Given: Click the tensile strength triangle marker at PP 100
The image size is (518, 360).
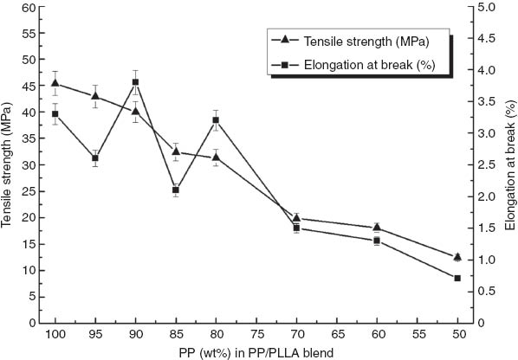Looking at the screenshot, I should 55,83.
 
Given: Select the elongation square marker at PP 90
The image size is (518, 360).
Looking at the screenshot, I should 136,82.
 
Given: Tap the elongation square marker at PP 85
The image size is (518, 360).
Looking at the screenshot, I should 176,190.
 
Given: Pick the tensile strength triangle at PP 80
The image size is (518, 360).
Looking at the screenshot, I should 216,157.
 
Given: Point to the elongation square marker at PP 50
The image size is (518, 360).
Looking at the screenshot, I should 456,278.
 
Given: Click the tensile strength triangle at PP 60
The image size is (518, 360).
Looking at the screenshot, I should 377,227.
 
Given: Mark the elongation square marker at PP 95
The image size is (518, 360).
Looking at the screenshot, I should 95,158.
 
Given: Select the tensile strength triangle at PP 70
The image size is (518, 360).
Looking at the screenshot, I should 296,218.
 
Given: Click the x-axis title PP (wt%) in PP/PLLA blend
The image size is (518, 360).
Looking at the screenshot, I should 256,351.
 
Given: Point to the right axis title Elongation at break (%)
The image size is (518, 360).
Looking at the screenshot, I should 510,165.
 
